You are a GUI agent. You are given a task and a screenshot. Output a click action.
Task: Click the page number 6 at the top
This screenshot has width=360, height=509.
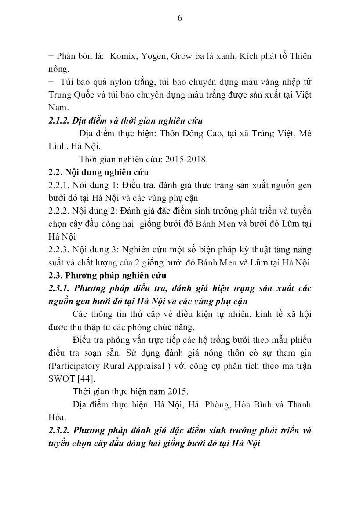(x=180, y=18)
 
